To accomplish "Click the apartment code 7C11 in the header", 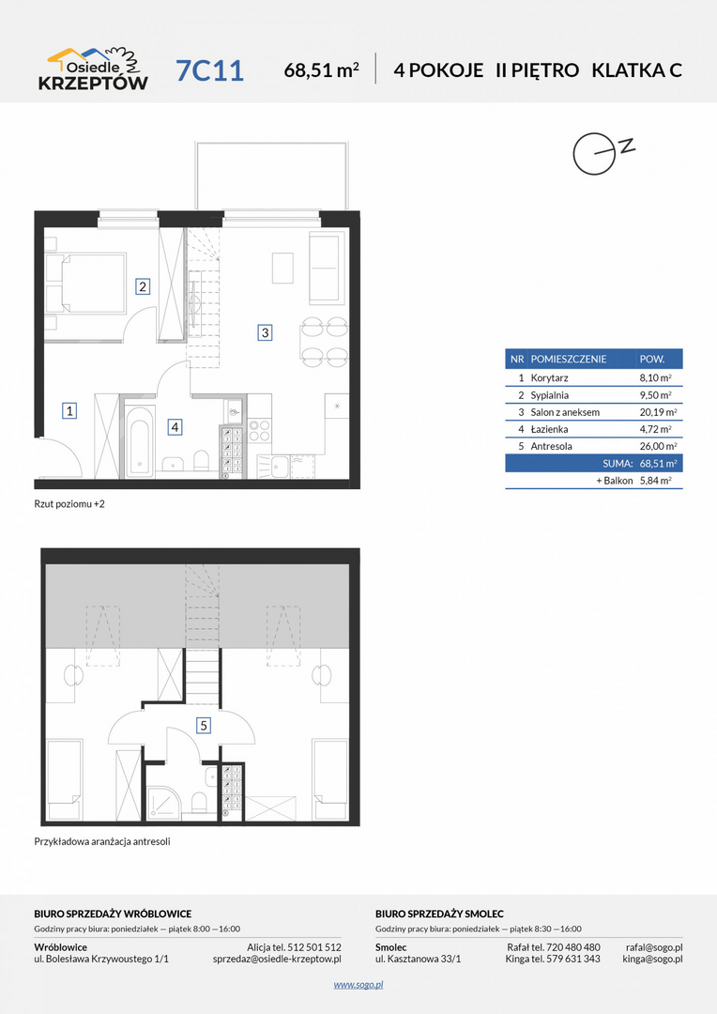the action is tap(209, 70).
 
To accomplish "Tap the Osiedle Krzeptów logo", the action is tap(93, 69).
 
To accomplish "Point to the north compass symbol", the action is tap(603, 153).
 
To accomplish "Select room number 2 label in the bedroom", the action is tap(143, 285).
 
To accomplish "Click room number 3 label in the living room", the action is tap(265, 333).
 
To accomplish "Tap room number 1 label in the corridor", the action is tap(69, 410).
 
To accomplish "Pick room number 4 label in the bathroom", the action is tap(174, 427).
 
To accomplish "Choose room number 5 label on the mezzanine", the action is tap(204, 726).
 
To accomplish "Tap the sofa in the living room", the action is tap(326, 269).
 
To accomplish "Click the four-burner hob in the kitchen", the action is tap(259, 431).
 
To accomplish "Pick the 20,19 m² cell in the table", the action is tap(655, 412).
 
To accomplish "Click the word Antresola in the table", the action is tap(551, 446).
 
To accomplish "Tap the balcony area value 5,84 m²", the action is tap(655, 481).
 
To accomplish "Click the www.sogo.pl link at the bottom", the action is tap(358, 984).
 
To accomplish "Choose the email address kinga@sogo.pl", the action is tap(652, 959).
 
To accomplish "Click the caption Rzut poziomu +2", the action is tap(69, 504).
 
